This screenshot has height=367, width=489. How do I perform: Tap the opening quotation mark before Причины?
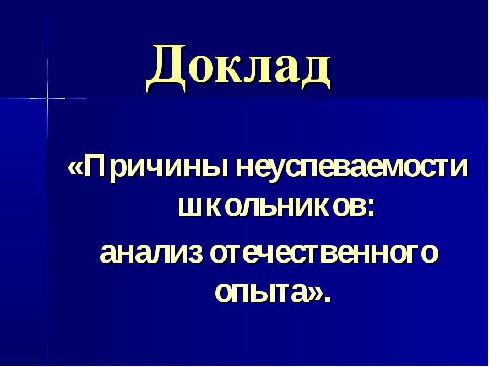(75, 169)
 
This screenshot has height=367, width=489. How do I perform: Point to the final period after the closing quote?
(327, 300)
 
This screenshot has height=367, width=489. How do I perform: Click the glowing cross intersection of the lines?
(47, 98)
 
